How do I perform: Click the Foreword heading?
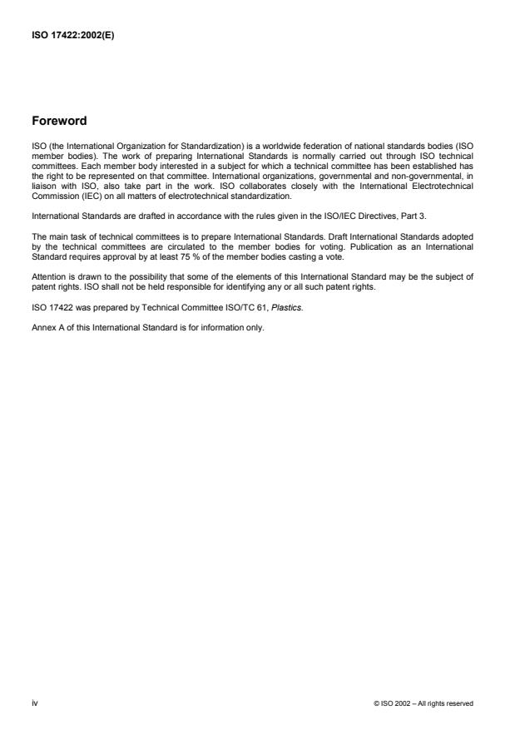(58, 120)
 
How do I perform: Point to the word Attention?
(47, 276)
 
